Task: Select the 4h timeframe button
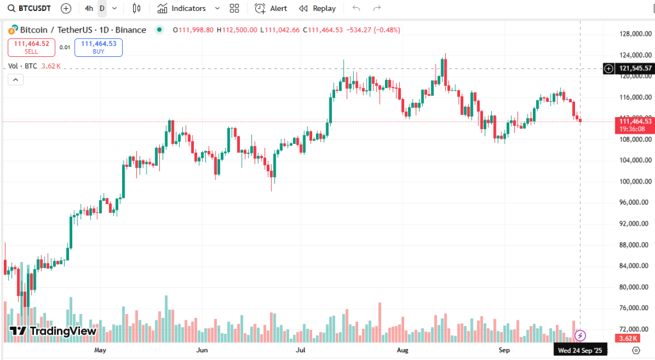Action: pos(89,8)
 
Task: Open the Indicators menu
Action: pos(183,8)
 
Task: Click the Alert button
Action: pos(271,8)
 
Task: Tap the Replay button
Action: pos(318,8)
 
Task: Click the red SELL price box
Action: pos(31,47)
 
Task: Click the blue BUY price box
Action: pos(99,47)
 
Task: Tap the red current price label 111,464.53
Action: pos(634,121)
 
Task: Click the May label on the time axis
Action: pos(100,350)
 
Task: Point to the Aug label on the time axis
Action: pos(402,350)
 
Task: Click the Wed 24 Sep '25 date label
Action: pos(580,350)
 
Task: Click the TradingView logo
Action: pos(52,331)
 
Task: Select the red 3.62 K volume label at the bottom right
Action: pos(626,338)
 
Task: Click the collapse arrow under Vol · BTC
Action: pos(15,79)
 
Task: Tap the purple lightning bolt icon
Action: pos(581,335)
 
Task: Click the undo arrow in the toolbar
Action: pos(356,8)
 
